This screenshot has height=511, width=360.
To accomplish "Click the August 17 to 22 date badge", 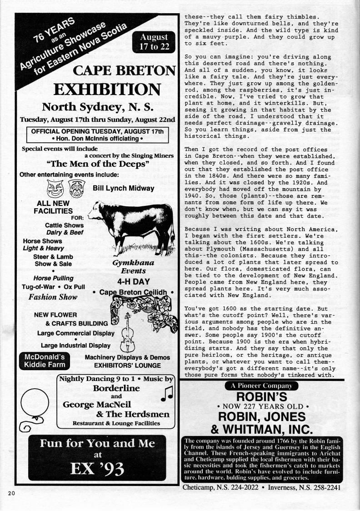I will [154, 42].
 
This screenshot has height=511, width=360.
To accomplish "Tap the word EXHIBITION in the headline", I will [106, 89].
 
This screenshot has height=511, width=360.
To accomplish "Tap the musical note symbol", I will [165, 395].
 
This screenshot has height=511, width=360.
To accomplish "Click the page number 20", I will [11, 493].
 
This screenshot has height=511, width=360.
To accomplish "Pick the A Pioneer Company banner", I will [261, 386].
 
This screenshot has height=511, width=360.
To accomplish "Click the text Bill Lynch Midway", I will [123, 188].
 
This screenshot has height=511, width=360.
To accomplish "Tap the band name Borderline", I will [116, 388].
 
